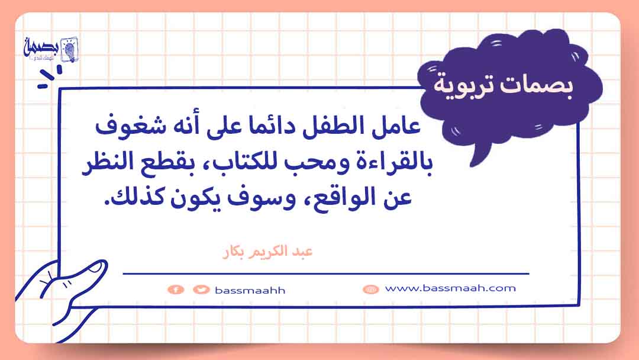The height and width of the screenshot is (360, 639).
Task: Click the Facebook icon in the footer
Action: pos(176,290)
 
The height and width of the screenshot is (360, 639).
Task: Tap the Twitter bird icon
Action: pos(201,290)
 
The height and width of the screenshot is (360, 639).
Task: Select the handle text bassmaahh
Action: pos(250,290)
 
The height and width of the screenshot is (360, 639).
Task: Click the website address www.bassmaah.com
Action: pos(450,288)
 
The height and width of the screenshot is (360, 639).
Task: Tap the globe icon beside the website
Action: pos(370,289)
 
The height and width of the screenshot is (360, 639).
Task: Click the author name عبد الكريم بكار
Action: pos(268,252)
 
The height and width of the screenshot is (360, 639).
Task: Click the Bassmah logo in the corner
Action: pos(50,50)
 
